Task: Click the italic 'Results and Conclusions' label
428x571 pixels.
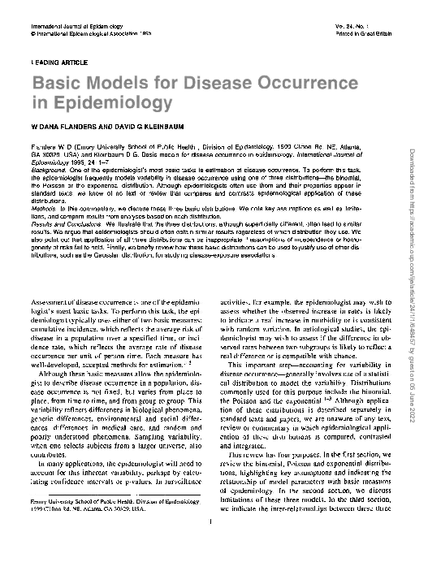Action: [63, 218]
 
